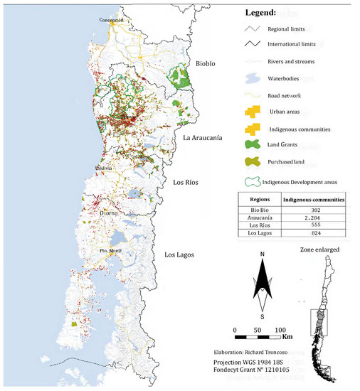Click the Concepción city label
112,20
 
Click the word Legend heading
264,13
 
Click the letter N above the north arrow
263,254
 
